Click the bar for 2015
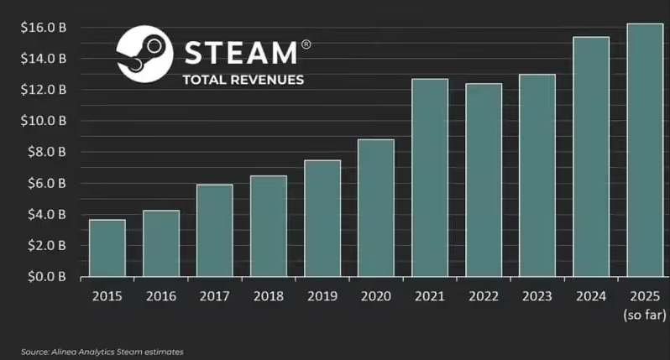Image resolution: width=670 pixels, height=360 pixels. (107, 248)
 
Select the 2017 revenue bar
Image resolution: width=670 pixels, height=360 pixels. (214, 231)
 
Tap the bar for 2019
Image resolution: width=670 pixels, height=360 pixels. (322, 218)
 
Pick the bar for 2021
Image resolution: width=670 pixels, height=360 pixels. (430, 178)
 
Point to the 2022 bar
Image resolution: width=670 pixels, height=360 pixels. (484, 180)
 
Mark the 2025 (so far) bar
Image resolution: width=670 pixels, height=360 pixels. (645, 150)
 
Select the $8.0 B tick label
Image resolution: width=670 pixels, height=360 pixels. (41, 152)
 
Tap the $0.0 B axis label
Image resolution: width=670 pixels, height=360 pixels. (41, 276)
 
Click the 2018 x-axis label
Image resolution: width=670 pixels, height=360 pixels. (268, 296)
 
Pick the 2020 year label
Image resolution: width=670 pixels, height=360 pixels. (375, 296)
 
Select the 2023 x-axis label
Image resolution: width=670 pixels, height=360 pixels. (537, 296)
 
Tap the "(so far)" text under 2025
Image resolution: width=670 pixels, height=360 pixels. (645, 315)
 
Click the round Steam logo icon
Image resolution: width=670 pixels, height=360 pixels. (144, 54)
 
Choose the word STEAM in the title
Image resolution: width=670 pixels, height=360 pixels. (239, 53)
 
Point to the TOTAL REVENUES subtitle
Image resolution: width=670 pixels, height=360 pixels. (243, 80)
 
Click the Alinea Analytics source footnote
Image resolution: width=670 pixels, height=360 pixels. (102, 352)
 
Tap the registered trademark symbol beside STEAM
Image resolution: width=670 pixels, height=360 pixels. (306, 44)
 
